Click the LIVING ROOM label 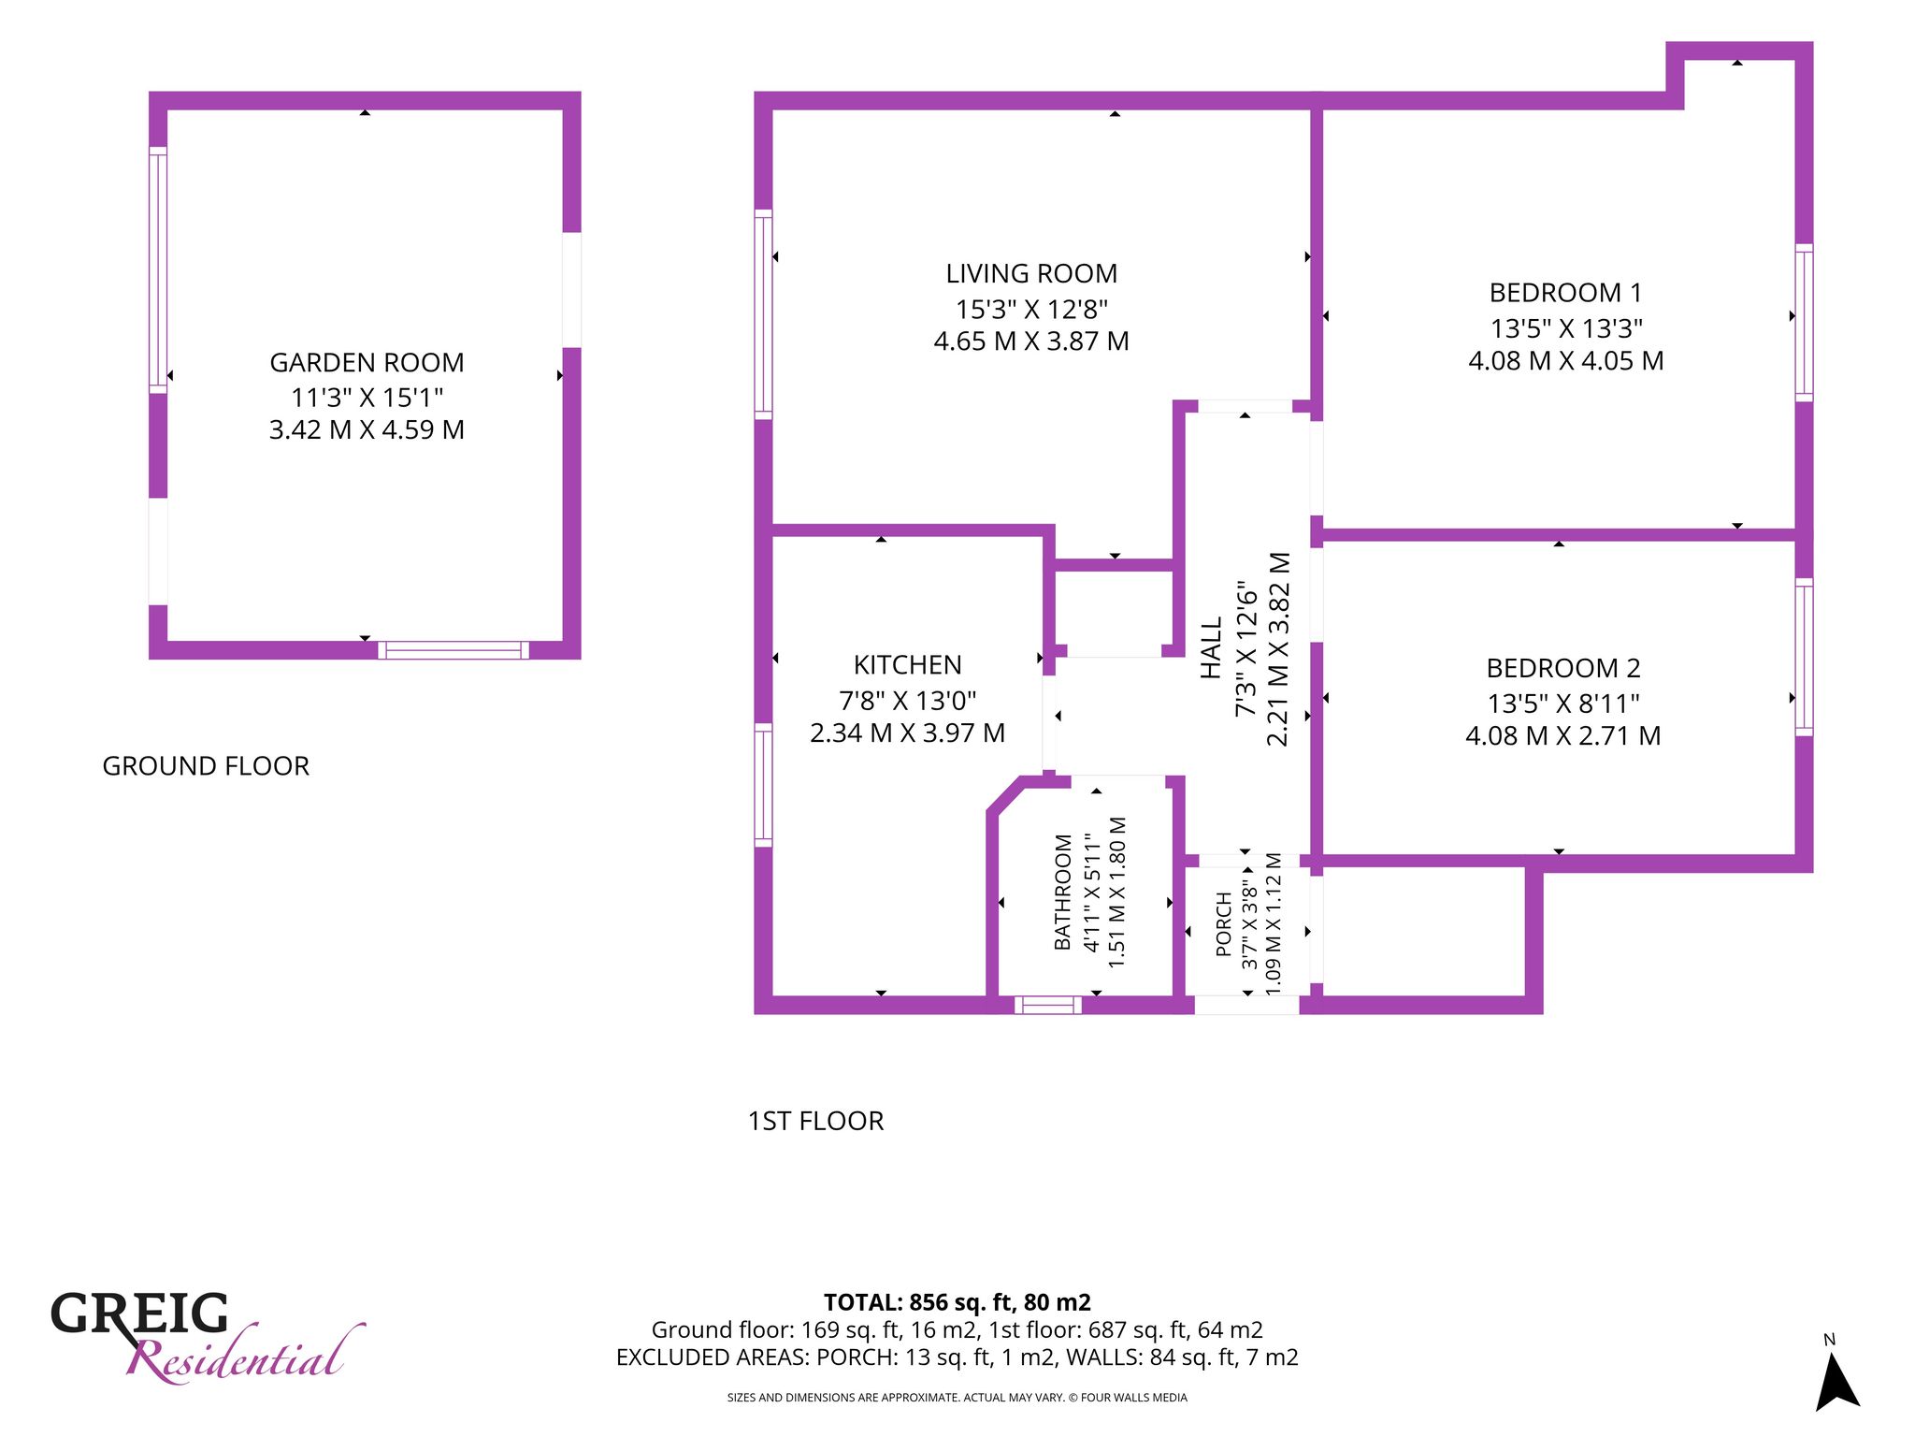(x=1031, y=273)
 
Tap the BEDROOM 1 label (x=1565, y=293)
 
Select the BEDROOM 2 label (x=1563, y=668)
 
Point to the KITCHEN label (x=907, y=665)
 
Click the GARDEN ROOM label (x=367, y=362)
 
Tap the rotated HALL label (x=1211, y=647)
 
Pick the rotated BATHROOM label (x=1063, y=892)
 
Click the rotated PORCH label (x=1223, y=924)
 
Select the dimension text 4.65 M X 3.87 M (x=1031, y=341)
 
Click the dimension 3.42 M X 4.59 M (x=367, y=429)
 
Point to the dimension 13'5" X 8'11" (x=1563, y=703)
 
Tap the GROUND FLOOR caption (x=206, y=766)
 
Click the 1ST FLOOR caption (x=815, y=1121)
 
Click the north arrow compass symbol (x=1837, y=1382)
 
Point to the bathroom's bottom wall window (x=1048, y=1006)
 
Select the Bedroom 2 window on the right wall (x=1804, y=657)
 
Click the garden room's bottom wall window (x=454, y=650)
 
